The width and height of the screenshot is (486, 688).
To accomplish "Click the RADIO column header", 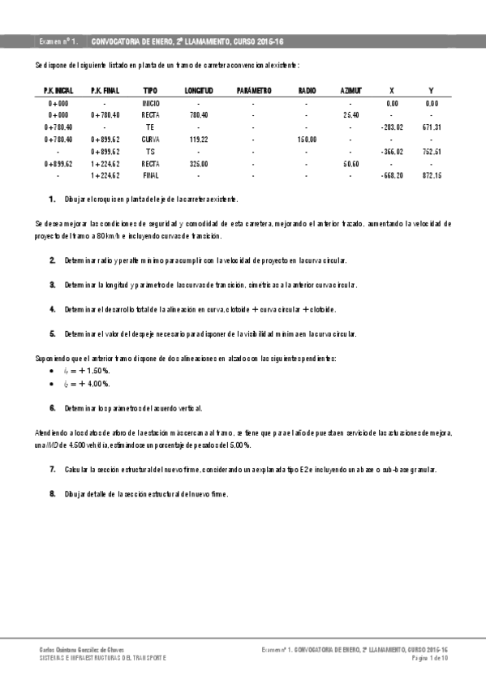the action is click(x=307, y=91).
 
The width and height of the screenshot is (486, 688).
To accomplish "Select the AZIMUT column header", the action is click(x=351, y=91).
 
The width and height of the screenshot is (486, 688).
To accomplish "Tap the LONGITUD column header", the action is click(x=199, y=91).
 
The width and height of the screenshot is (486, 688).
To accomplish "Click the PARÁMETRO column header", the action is click(x=253, y=91).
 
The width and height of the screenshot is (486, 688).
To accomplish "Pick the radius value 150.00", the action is click(x=307, y=140).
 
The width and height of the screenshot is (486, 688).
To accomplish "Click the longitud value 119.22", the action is click(x=199, y=140).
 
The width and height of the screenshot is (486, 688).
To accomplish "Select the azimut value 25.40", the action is click(x=351, y=115).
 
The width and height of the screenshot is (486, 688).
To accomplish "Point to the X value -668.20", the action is click(x=392, y=175).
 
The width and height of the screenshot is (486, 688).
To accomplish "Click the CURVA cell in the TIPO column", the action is click(x=151, y=140).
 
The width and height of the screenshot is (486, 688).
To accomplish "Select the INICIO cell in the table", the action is click(x=151, y=104).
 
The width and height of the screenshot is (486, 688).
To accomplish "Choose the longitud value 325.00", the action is click(x=199, y=163).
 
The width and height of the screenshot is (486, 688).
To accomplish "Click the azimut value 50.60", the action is click(x=351, y=163).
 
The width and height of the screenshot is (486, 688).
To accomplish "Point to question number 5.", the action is click(x=53, y=333).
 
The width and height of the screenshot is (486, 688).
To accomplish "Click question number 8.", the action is click(x=53, y=493).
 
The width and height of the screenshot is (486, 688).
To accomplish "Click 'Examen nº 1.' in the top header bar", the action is click(x=58, y=41).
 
